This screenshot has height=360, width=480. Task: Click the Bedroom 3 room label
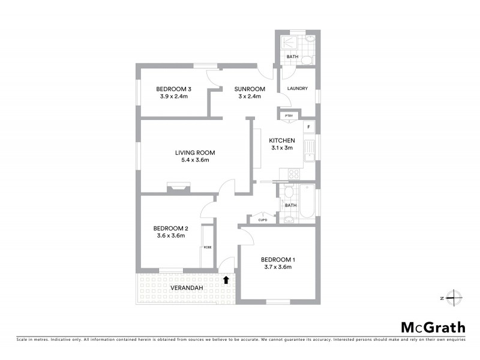(x=173, y=89)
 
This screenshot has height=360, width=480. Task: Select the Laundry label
(x=298, y=89)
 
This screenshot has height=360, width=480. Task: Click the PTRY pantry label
(x=289, y=116)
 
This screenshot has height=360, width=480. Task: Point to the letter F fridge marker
(x=308, y=127)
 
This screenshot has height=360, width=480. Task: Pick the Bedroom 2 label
(x=171, y=228)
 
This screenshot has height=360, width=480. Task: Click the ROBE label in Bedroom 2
(x=207, y=247)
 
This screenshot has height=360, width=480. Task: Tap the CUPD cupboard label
(x=263, y=220)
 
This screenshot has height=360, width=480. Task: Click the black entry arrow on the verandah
(x=226, y=279)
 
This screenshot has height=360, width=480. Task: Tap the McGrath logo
(x=433, y=327)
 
